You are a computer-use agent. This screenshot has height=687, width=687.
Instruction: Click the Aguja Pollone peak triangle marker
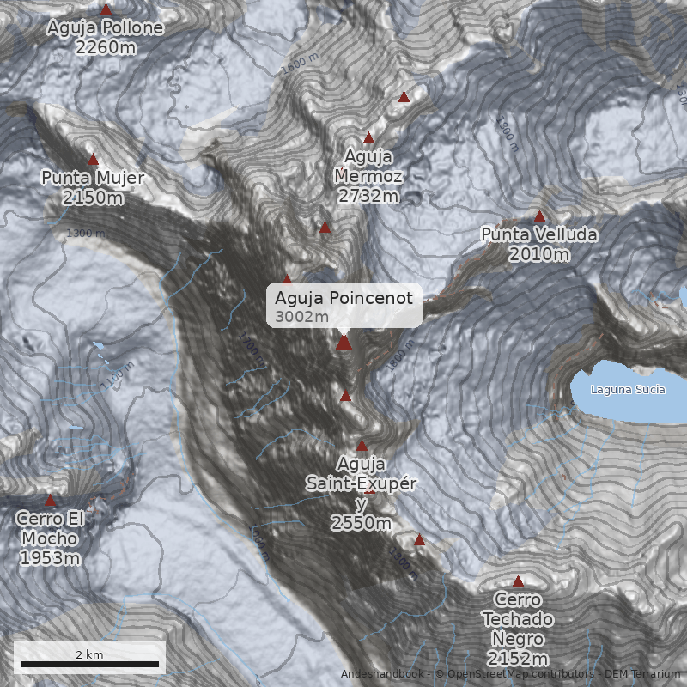click(x=106, y=9)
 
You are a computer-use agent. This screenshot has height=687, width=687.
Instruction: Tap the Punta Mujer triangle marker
click(x=93, y=159)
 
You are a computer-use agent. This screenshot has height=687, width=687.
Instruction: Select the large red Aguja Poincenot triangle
click(x=343, y=342)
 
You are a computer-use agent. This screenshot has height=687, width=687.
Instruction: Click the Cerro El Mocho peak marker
click(x=50, y=500)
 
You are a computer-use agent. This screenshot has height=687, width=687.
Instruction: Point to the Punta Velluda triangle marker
click(x=539, y=216)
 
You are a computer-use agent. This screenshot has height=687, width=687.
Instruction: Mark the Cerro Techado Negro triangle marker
click(x=518, y=581)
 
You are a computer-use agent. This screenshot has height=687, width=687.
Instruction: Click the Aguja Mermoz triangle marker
click(x=369, y=137)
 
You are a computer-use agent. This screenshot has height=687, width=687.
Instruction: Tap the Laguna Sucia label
click(x=628, y=390)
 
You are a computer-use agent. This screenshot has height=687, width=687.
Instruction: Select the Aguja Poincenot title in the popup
click(x=343, y=298)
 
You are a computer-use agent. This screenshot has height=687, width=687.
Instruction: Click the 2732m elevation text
click(x=368, y=197)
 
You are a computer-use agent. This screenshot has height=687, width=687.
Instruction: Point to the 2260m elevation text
click(x=105, y=47)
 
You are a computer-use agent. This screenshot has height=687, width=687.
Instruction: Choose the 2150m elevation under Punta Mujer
click(x=93, y=198)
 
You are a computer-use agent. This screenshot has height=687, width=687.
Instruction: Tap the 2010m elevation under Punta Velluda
click(x=538, y=254)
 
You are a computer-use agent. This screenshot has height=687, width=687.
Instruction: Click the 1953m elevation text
click(x=50, y=559)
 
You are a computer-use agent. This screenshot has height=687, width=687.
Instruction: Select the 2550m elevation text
click(x=361, y=523)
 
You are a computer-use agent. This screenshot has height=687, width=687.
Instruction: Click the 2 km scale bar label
click(x=89, y=654)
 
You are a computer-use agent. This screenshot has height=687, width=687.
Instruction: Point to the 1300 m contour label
click(x=86, y=234)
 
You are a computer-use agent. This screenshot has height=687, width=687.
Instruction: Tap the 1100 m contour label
click(x=118, y=376)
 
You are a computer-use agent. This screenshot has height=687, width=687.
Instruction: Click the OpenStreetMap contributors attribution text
click(x=515, y=673)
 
